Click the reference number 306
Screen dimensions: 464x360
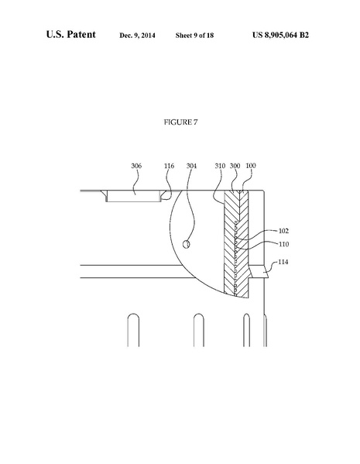tap(136, 165)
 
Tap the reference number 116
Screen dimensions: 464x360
tap(170, 165)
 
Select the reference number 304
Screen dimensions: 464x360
tap(191, 165)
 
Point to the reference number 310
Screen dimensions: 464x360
tap(220, 165)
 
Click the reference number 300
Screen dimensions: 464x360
tap(235, 165)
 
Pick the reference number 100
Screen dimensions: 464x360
tap(251, 165)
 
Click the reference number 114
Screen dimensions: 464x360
tap(284, 263)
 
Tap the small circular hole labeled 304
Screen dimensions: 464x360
tap(186, 245)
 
